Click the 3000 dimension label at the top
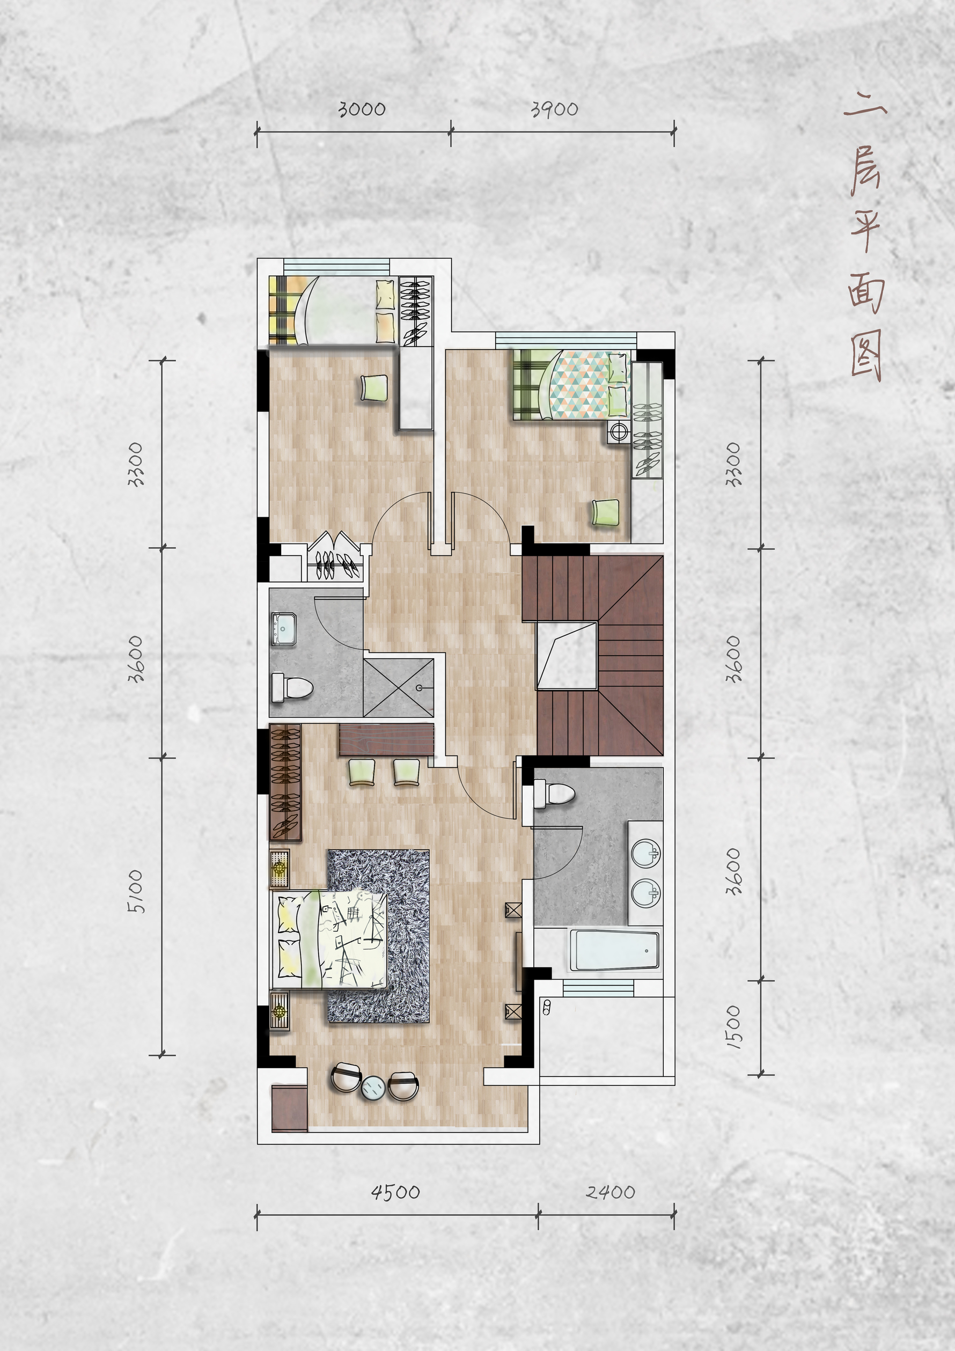pos(362,109)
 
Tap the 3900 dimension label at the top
pos(554,109)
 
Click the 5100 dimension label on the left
pos(135,891)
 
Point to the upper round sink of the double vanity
pos(645,854)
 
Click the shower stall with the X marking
pos(398,687)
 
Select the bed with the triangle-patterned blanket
pos(571,385)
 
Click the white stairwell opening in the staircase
pos(567,655)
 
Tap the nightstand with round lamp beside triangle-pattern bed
pos(618,431)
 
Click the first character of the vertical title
pos(865,108)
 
